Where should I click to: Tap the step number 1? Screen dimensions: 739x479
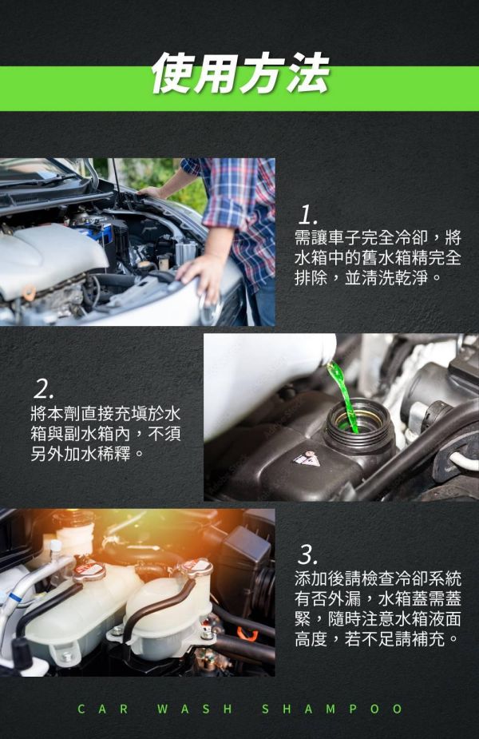click(308, 215)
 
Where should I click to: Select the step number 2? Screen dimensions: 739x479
click(44, 389)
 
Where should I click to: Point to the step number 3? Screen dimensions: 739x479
click(308, 553)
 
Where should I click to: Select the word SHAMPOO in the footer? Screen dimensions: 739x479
click(332, 709)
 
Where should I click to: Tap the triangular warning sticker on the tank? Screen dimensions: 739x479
click(307, 459)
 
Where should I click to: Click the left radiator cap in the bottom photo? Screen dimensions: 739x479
click(89, 570)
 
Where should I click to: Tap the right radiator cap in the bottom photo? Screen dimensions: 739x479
click(193, 568)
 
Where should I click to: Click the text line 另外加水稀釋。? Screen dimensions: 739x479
click(83, 453)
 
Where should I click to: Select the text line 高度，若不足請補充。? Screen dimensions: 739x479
click(377, 639)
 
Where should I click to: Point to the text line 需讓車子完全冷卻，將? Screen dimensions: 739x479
click(378, 238)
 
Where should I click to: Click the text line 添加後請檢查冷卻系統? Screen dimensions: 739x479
click(378, 578)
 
